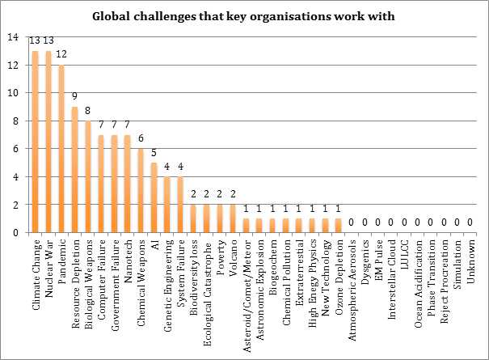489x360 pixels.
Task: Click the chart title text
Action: pos(244,16)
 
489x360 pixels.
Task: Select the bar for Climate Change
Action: pos(35,142)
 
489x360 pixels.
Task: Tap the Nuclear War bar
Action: pos(48,142)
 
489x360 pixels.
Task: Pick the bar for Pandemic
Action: pos(61,149)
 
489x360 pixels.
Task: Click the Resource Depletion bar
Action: pos(74,170)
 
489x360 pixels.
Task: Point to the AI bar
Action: pos(154,198)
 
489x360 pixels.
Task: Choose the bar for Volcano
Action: pos(233,219)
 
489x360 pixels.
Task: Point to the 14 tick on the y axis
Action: pos(11,37)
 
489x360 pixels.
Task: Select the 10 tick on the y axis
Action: pos(11,93)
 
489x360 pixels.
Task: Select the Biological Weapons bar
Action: pos(87,177)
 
